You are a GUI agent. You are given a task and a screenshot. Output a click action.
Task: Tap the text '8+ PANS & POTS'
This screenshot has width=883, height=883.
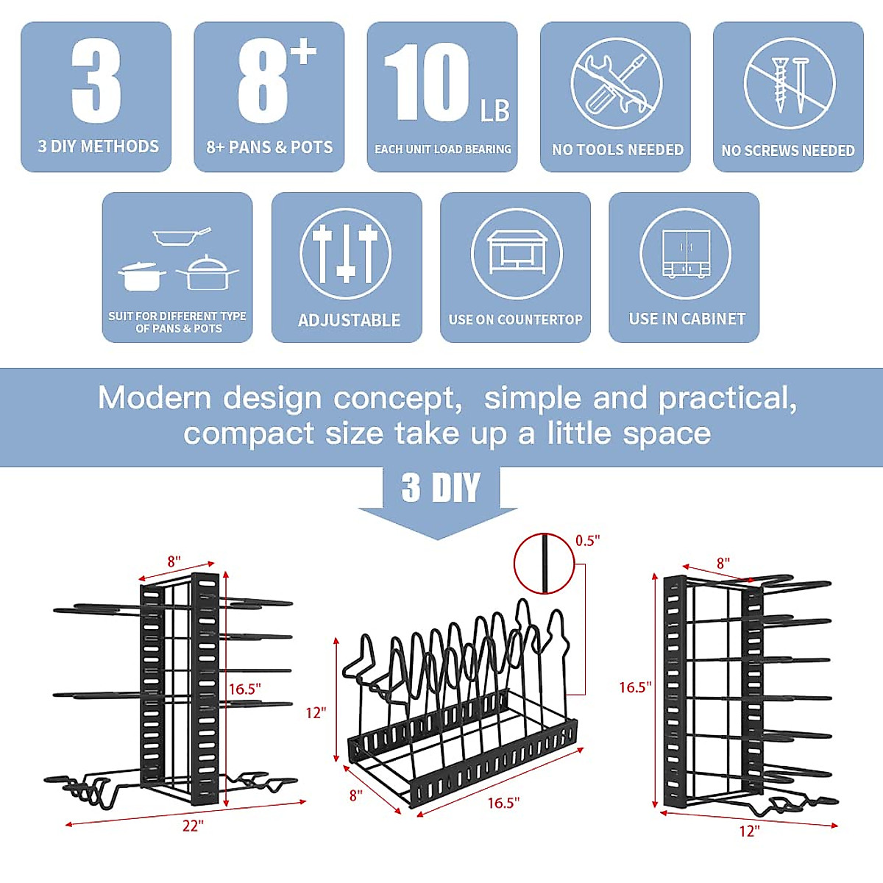click(x=269, y=147)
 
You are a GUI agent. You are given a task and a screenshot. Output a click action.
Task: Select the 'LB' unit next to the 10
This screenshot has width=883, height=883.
click(x=494, y=111)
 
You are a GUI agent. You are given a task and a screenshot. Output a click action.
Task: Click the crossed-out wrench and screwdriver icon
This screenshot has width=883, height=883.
click(x=616, y=83)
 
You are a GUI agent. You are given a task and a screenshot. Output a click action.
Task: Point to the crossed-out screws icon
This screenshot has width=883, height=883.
click(x=789, y=83)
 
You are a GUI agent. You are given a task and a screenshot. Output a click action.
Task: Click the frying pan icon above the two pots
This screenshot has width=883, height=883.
click(x=181, y=236)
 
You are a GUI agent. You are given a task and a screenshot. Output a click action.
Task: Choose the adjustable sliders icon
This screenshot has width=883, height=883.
click(x=346, y=254)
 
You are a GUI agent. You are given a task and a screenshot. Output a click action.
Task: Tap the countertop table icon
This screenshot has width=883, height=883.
click(x=516, y=253)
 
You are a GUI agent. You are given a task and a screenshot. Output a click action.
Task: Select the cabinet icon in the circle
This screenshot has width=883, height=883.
click(x=685, y=253)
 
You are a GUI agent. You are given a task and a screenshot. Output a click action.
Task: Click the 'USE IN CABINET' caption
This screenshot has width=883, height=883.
click(x=687, y=319)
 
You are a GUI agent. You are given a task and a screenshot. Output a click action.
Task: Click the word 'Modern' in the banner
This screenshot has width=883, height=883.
click(x=155, y=398)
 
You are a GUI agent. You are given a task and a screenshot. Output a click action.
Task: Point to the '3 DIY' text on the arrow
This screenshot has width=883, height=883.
click(x=440, y=488)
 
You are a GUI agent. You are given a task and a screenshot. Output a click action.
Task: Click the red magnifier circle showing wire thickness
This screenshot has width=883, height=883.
click(x=544, y=564)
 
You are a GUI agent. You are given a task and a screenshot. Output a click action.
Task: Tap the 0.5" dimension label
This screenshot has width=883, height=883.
click(x=587, y=541)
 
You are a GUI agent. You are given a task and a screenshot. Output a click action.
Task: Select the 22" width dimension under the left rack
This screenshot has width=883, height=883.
click(x=192, y=826)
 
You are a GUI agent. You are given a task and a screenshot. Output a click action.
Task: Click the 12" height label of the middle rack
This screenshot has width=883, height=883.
click(x=316, y=712)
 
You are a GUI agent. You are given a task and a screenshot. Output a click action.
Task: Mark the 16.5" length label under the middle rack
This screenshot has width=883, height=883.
click(x=503, y=803)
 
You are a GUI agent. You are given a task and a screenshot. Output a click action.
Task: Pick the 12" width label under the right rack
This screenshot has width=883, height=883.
click(x=748, y=831)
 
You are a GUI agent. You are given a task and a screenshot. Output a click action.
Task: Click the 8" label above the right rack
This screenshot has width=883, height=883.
click(x=723, y=563)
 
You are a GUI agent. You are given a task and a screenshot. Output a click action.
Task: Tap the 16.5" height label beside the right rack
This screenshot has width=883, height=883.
click(x=634, y=687)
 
